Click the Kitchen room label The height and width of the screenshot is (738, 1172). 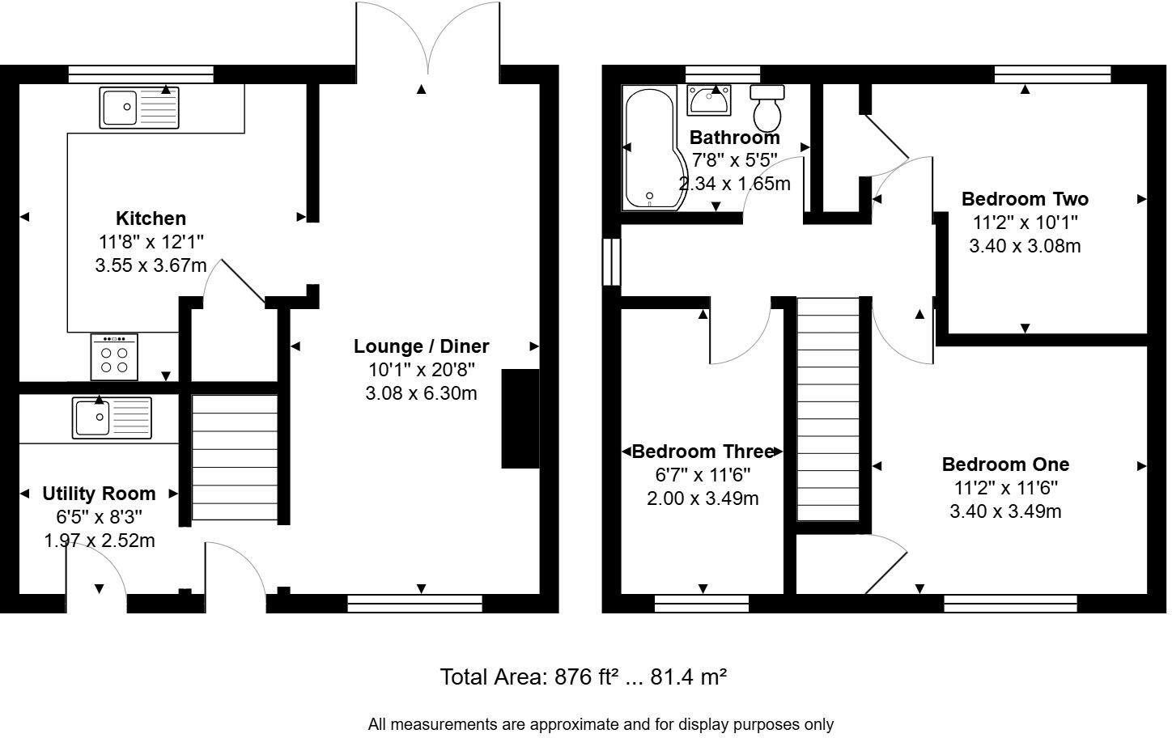(151, 218)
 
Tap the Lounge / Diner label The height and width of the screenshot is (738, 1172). (421, 346)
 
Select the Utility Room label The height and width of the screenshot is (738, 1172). (99, 494)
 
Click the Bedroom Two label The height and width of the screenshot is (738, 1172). (1025, 199)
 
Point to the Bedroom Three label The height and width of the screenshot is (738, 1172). (702, 452)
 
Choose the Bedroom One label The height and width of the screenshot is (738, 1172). (1005, 464)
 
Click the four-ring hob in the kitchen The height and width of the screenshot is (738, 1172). (114, 358)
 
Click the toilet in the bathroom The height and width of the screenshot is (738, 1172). (767, 107)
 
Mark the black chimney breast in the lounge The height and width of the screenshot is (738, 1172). (520, 418)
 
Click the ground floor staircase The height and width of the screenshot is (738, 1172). (235, 457)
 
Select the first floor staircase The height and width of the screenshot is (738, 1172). (828, 409)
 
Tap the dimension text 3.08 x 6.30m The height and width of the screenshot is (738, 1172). (421, 393)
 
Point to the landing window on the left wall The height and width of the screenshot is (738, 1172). (611, 261)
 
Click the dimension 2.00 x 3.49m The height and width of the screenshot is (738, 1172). (703, 498)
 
